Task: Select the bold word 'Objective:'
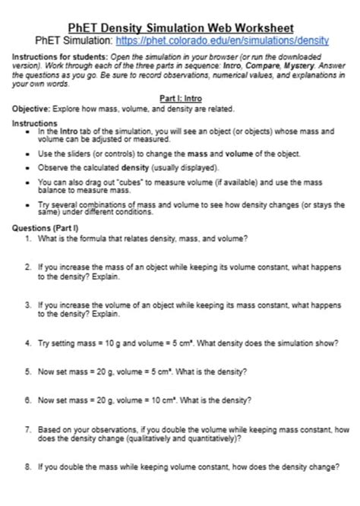pos(30,108)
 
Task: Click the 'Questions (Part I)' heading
pos(45,228)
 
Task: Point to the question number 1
pos(27,239)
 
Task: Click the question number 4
pos(27,343)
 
